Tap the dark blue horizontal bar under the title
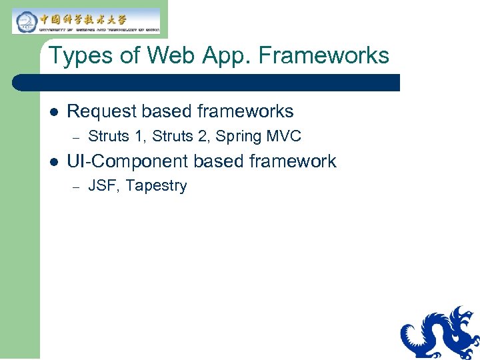pos(207,83)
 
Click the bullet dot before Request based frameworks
pos(53,111)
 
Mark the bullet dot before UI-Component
pos(53,161)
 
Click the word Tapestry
pos(156,187)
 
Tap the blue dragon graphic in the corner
pos(440,332)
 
